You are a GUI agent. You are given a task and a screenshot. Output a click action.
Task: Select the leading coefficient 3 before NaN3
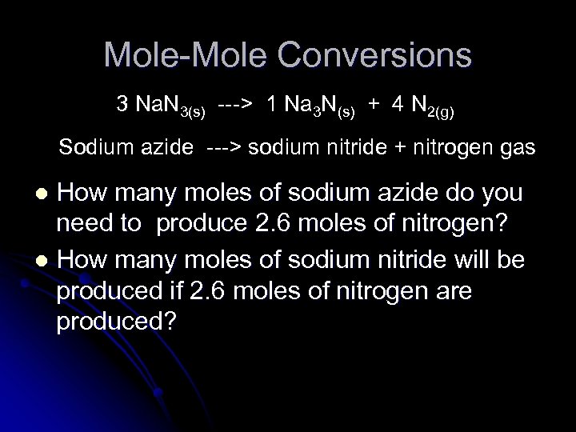point(122,104)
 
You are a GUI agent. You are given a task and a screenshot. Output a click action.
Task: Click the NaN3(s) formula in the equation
point(170,106)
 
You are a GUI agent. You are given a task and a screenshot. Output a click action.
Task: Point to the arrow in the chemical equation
point(236,104)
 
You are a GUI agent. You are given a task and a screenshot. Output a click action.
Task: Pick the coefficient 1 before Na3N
point(273,104)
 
